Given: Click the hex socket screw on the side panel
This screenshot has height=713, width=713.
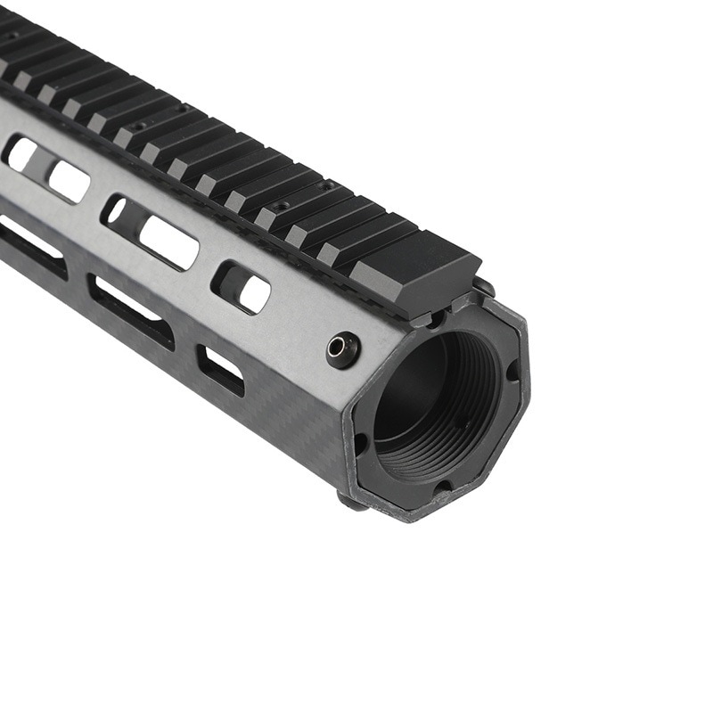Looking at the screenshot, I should click(x=343, y=348).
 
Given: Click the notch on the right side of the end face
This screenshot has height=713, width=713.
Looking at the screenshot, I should click(x=513, y=370).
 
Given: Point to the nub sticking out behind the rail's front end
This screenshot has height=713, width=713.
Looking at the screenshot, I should click(x=484, y=286).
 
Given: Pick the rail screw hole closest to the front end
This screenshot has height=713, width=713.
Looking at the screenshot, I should click(x=331, y=185).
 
